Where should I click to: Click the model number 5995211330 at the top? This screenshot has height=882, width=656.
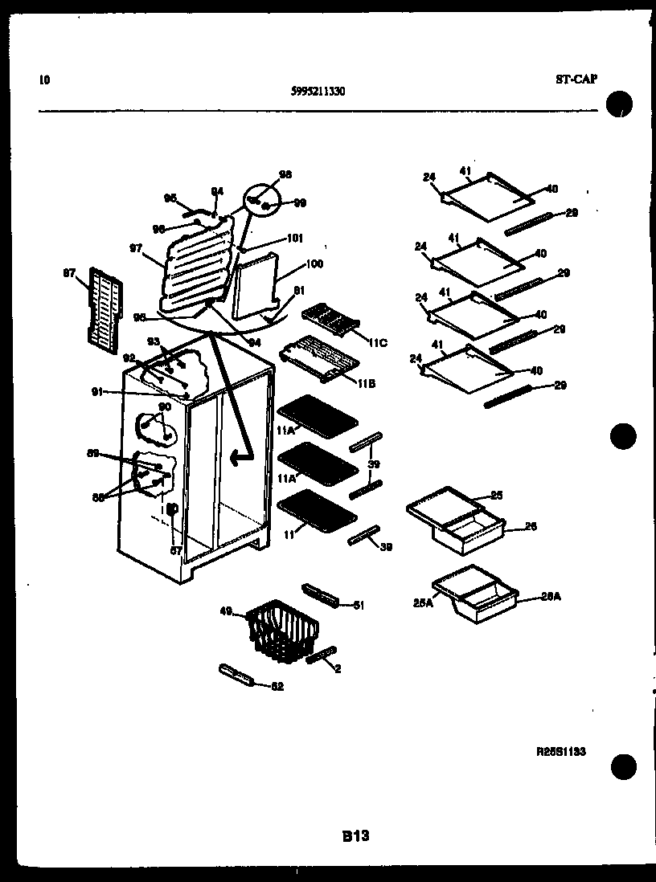(x=318, y=92)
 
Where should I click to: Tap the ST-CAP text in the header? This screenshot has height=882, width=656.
(x=576, y=79)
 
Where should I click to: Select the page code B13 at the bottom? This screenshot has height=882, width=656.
(x=355, y=836)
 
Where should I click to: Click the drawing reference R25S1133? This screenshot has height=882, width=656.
(x=561, y=752)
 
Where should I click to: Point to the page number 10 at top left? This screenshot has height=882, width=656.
(x=43, y=80)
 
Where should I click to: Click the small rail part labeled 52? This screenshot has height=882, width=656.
(x=235, y=675)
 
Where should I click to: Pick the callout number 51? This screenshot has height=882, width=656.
(x=359, y=605)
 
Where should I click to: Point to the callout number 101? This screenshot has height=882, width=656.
(x=294, y=238)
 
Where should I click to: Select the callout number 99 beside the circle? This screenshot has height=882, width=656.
(x=300, y=203)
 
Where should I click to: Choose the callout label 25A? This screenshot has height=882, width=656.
(x=424, y=603)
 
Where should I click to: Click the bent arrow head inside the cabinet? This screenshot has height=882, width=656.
(x=236, y=458)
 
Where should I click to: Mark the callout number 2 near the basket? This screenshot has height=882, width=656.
(x=338, y=668)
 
